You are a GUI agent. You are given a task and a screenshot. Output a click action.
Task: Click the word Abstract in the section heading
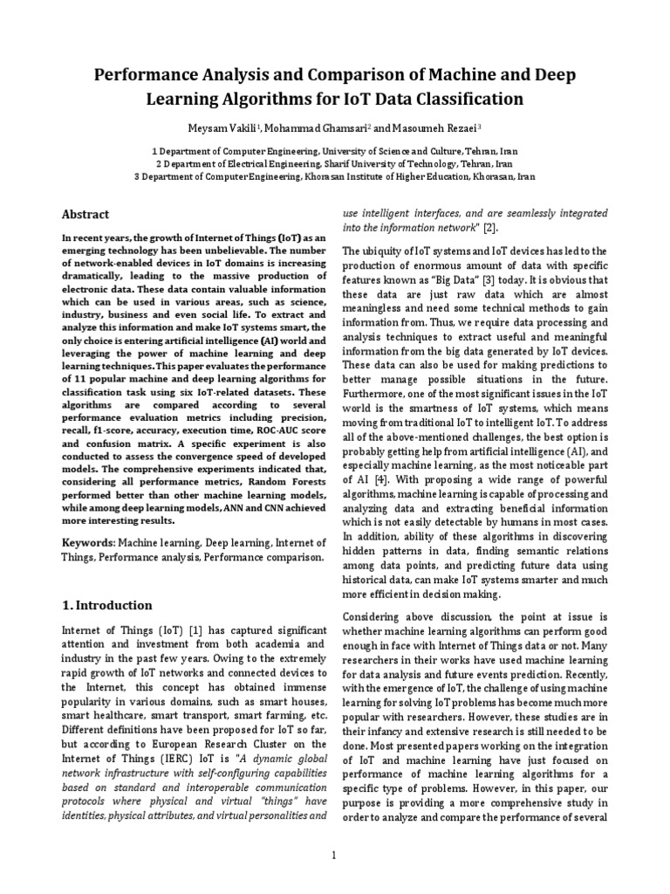coord(85,214)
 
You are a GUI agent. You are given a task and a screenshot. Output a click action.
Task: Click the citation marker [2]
coord(490,228)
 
